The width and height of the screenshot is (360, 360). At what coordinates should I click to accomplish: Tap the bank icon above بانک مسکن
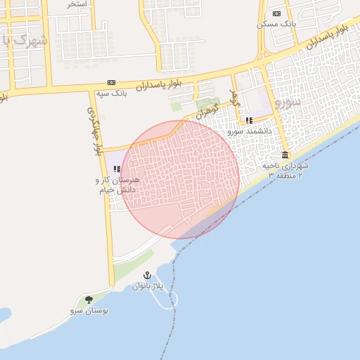pyautogui.click(x=276, y=13)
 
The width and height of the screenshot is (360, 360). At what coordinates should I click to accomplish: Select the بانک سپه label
pyautogui.click(x=112, y=93)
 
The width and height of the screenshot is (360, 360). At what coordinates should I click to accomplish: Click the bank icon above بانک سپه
pyautogui.click(x=112, y=82)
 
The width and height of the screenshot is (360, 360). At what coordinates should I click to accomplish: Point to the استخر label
pyautogui.click(x=77, y=4)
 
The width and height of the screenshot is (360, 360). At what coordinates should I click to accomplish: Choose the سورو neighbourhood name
pyautogui.click(x=288, y=101)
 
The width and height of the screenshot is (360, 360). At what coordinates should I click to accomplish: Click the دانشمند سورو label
pyautogui.click(x=246, y=131)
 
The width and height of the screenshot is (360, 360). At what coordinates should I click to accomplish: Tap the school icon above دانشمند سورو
pyautogui.click(x=249, y=120)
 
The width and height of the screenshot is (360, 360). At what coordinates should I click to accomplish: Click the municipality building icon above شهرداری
pyautogui.click(x=285, y=155)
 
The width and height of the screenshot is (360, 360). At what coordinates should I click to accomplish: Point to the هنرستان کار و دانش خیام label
pyautogui.click(x=117, y=184)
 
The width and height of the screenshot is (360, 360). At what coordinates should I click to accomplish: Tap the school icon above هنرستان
pyautogui.click(x=117, y=169)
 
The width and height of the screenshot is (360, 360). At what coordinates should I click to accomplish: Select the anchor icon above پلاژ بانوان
pyautogui.click(x=147, y=275)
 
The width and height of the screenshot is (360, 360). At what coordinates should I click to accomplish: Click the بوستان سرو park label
pyautogui.click(x=89, y=310)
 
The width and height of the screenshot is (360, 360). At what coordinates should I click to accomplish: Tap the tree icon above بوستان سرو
pyautogui.click(x=89, y=300)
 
